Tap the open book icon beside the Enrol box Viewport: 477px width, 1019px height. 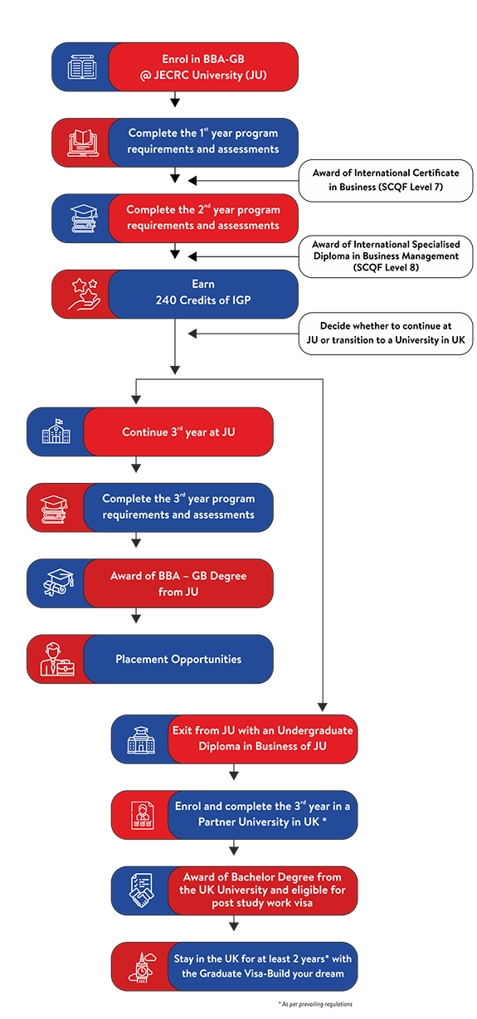(82, 67)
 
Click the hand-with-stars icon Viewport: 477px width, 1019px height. (84, 294)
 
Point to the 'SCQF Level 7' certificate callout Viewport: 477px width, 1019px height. (386, 180)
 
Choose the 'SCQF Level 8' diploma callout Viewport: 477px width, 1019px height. (386, 256)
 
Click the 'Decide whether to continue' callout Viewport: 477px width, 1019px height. (386, 333)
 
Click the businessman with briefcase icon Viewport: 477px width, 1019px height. (57, 659)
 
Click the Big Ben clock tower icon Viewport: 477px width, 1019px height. (142, 967)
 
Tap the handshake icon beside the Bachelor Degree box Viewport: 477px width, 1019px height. (141, 890)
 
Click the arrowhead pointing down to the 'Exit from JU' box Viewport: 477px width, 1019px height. (323, 707)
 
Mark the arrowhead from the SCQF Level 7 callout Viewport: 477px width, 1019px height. (192, 181)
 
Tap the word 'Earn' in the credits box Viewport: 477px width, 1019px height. (202, 284)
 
